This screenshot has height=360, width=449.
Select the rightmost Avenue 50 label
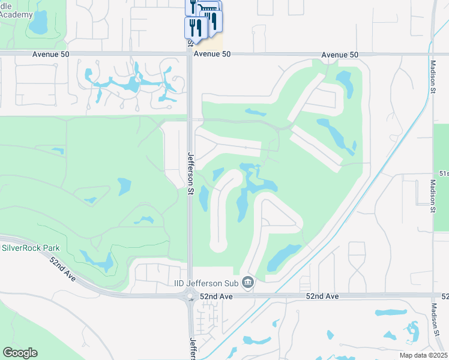340,55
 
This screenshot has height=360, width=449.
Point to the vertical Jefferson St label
190,173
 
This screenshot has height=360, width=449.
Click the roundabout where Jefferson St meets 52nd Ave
190,296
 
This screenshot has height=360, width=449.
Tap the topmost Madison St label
432,75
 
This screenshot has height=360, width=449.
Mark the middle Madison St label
432,196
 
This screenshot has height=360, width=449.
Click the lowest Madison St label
436,319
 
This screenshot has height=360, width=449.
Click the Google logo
20,352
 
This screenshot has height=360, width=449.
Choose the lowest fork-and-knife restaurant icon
196,27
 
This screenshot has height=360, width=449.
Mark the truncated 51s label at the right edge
443,173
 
